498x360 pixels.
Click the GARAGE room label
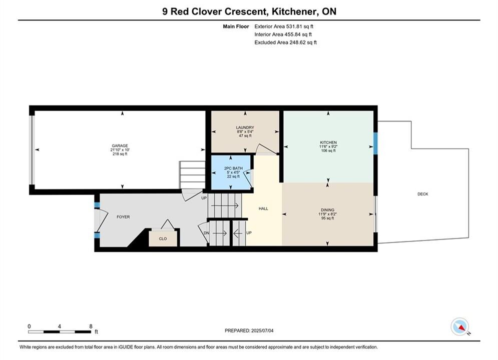120,146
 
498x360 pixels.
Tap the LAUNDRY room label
245,127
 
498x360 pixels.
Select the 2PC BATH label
233,168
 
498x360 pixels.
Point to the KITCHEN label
328,142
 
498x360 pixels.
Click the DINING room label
327,210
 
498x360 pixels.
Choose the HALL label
263,208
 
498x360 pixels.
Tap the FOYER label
123,217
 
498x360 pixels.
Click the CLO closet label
163,239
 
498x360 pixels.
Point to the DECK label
423,194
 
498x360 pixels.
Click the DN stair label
206,233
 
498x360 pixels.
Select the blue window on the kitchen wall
375,143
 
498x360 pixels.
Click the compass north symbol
460,326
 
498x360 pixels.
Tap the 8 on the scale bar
91,326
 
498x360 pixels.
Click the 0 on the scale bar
29,326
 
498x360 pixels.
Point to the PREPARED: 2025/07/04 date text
249,330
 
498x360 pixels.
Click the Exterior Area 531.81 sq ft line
284,26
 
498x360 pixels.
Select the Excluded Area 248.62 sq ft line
285,42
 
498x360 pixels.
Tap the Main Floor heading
236,26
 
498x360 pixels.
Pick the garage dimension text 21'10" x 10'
120,150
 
